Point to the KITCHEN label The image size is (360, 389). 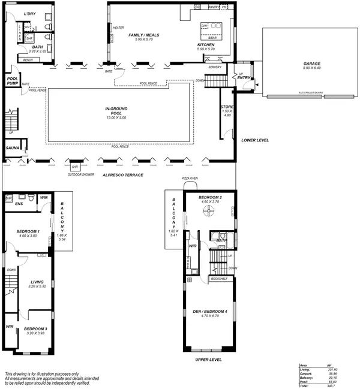206,45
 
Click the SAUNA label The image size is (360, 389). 13,147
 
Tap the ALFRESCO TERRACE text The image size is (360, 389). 122,174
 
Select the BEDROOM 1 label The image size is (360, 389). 28,231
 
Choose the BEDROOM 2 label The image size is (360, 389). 211,198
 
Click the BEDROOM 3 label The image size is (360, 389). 36,329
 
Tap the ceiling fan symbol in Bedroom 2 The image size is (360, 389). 211,213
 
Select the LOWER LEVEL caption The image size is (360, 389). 255,140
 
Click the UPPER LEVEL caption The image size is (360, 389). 209,360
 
